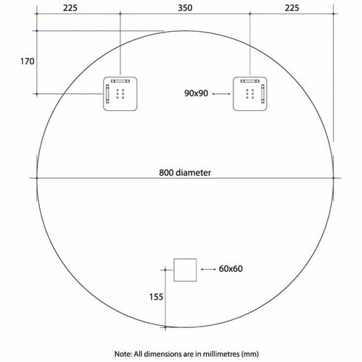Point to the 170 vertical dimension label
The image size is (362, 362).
[x=27, y=62]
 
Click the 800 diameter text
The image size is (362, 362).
[x=185, y=173]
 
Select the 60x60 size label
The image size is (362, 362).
[x=231, y=269]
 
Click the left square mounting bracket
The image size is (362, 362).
[x=120, y=93]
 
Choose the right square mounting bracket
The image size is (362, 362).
[x=250, y=93]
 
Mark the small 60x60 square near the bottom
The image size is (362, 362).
[x=183, y=270]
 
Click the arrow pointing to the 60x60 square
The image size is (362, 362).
[x=207, y=269]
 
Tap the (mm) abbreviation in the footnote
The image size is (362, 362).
[x=250, y=354]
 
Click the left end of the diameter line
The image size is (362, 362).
[x=35, y=178]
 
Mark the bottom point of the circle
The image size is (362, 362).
[x=184, y=327]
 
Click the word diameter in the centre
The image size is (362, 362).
[x=194, y=173]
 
